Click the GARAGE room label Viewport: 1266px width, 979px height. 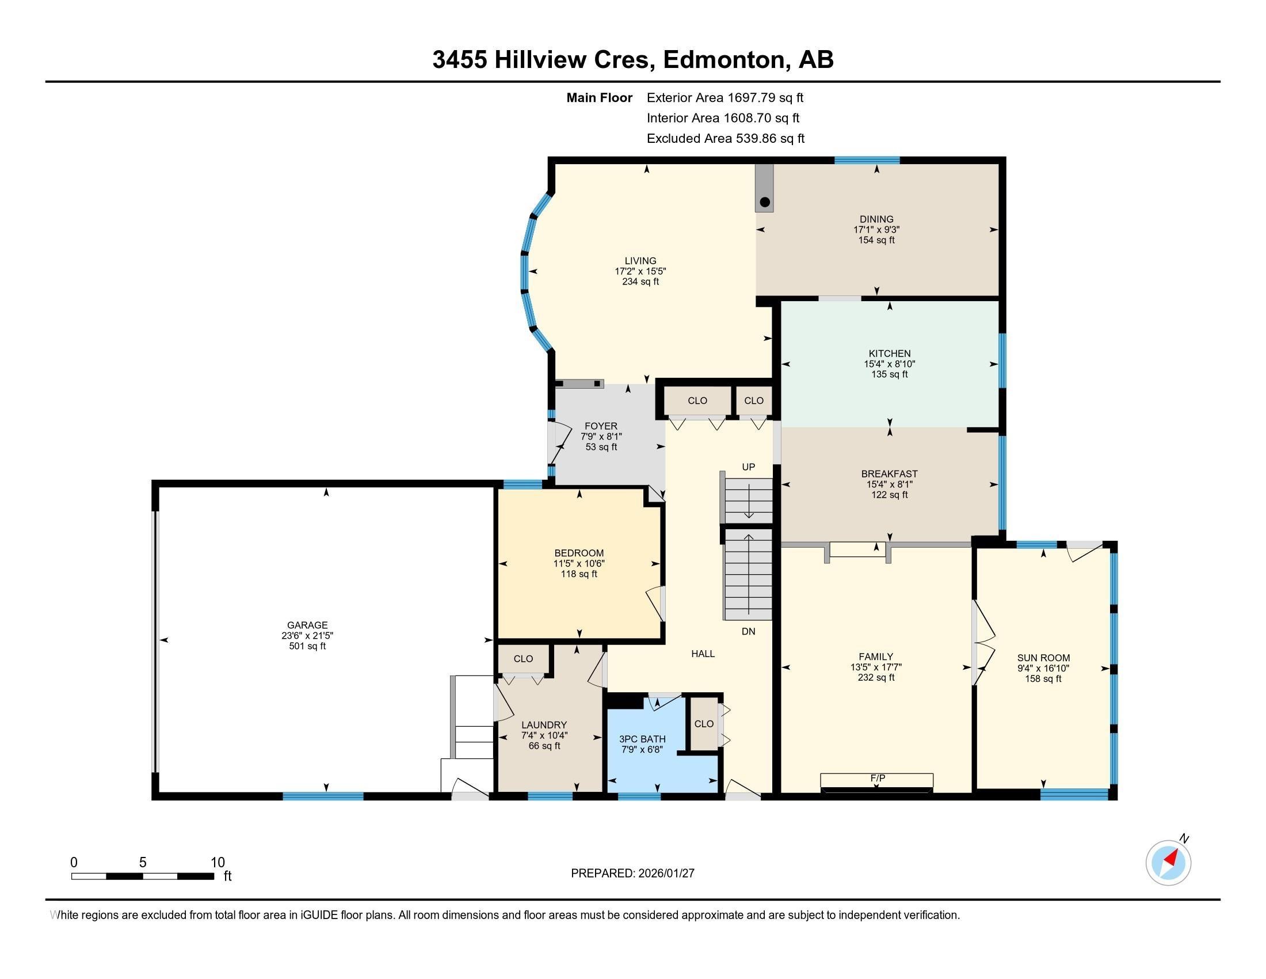click(x=307, y=625)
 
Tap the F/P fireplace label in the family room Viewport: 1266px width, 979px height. click(x=876, y=777)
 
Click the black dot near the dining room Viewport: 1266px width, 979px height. click(x=765, y=202)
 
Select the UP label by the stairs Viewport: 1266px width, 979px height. click(x=748, y=467)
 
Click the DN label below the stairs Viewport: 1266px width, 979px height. click(x=748, y=631)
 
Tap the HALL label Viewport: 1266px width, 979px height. click(x=703, y=654)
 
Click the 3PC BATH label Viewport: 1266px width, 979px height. click(x=642, y=739)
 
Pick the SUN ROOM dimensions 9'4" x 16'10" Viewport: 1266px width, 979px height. click(x=1043, y=668)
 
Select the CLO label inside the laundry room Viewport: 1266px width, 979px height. click(x=523, y=658)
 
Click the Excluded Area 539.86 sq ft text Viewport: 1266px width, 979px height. click(x=725, y=138)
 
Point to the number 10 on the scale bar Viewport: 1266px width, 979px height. click(x=218, y=862)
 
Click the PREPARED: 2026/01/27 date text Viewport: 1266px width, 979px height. click(x=632, y=873)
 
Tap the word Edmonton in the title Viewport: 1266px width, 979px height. click(x=723, y=60)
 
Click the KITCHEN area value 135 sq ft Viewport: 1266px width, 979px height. click(x=889, y=375)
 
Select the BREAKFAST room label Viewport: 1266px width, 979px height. click(x=889, y=474)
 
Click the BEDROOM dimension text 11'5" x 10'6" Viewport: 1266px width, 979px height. click(x=578, y=563)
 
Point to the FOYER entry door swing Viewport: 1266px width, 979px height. click(x=557, y=443)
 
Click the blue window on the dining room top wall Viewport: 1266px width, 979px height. click(x=867, y=160)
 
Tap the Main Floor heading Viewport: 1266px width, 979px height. click(x=599, y=97)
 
